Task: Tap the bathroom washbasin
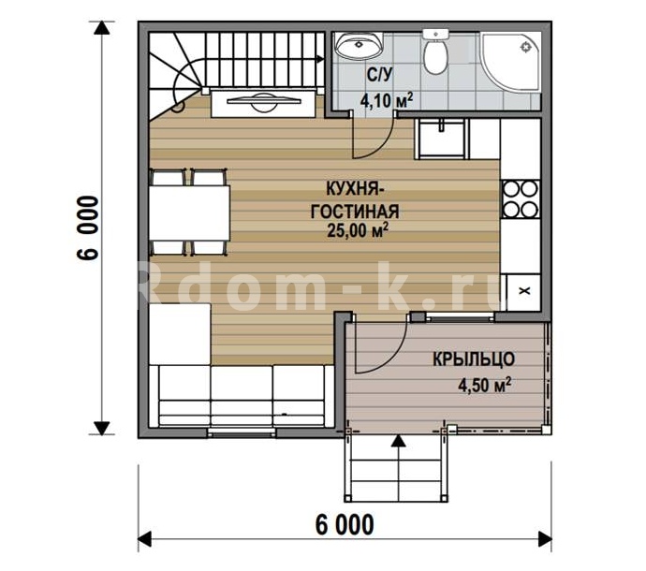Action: [x=359, y=45]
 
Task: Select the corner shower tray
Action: [x=510, y=62]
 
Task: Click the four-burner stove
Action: [x=521, y=199]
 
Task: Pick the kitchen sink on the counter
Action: [x=442, y=139]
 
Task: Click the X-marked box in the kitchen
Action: [x=523, y=292]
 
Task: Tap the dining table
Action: [x=189, y=213]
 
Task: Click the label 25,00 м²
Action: [x=358, y=230]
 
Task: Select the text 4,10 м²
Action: [x=387, y=100]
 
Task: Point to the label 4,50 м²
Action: [x=485, y=385]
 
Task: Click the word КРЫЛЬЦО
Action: [x=474, y=359]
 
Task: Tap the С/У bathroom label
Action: [x=380, y=75]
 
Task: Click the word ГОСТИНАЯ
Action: [x=355, y=212]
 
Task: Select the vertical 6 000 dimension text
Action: [x=88, y=227]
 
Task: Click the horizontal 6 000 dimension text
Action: [x=345, y=525]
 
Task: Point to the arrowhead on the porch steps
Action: [x=398, y=441]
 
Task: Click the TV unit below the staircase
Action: [x=263, y=103]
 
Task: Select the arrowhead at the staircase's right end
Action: [x=320, y=59]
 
